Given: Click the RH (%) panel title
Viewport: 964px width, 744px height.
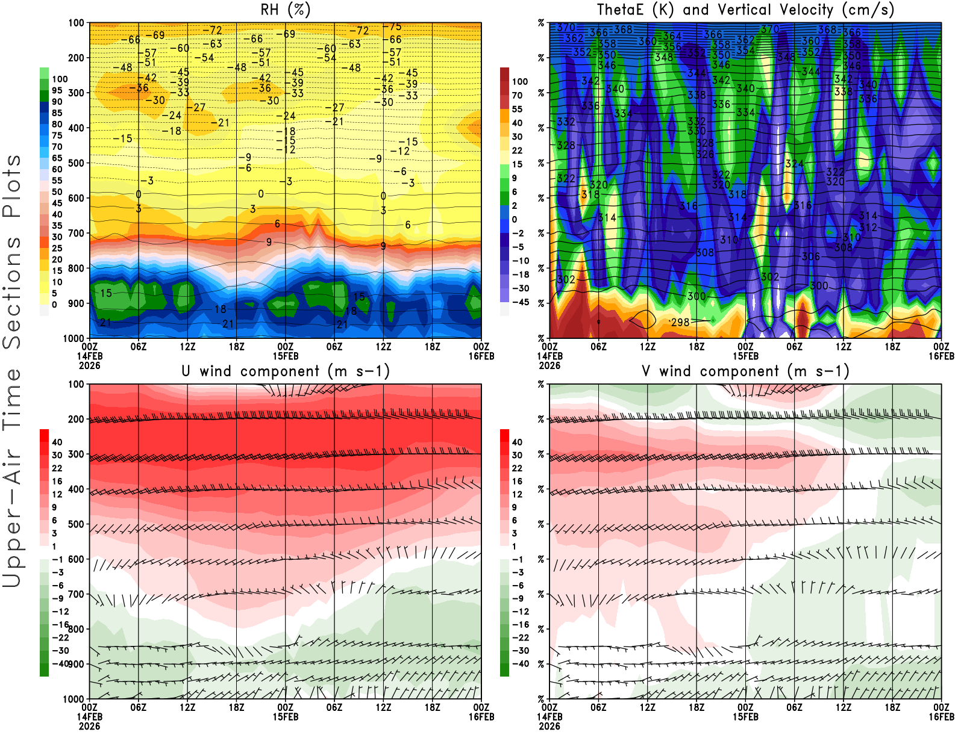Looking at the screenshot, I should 285,10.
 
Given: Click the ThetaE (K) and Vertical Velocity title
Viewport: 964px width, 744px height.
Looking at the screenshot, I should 745,10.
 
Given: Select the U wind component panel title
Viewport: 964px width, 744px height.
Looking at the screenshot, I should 285,371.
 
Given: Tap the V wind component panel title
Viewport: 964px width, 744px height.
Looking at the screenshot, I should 745,371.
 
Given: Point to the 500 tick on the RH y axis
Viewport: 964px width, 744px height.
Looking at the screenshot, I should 76,163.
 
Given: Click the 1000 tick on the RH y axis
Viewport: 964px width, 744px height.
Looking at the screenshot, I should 74,338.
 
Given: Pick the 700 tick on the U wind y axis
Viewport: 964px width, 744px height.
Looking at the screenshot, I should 76,594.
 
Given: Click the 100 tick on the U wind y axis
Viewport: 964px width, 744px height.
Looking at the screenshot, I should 76,384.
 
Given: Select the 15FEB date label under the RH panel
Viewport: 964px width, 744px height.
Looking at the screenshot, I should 285,356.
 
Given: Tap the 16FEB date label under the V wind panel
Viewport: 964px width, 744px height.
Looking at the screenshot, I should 941,717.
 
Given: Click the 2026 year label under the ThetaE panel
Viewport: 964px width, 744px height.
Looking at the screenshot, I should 549,365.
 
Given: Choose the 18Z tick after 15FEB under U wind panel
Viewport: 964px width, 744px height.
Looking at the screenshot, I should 432,707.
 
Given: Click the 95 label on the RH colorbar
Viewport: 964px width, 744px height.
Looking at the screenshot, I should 57,90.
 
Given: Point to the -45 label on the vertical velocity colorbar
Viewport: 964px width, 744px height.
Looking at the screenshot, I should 521,302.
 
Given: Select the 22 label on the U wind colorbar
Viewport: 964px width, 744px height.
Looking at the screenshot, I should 57,468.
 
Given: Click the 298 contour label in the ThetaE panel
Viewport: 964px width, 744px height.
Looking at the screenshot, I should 680,322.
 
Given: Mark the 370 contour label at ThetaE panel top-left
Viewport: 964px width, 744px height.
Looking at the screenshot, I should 566,28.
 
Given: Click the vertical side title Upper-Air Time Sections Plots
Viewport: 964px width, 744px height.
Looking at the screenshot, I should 12,371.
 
